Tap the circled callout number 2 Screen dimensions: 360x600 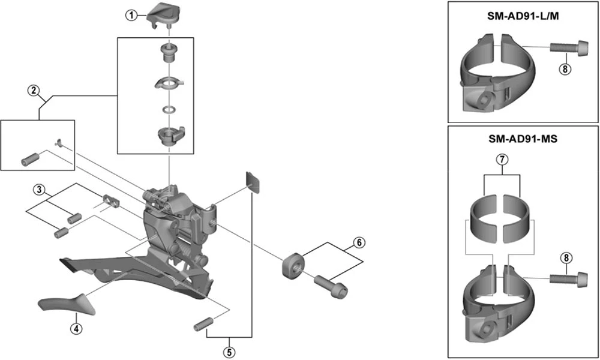[34, 91]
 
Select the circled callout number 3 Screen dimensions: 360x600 [39, 190]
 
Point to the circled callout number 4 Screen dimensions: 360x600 [76, 328]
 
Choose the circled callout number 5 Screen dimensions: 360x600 [229, 351]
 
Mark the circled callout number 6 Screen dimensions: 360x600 [359, 243]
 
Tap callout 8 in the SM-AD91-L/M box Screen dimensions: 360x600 [564, 68]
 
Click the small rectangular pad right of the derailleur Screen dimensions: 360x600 [253, 182]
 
